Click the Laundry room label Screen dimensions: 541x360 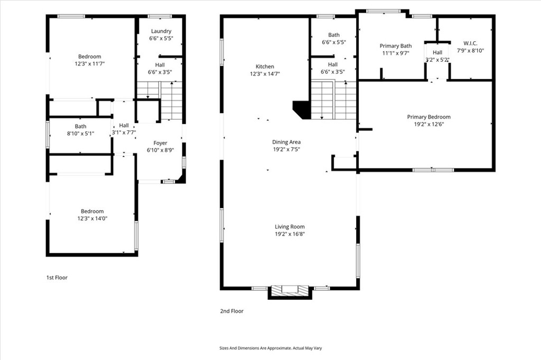[161, 31]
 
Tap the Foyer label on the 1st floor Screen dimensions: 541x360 [160, 143]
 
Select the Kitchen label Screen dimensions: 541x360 [265, 67]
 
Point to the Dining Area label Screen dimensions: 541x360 [286, 141]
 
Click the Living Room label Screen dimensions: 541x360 [290, 226]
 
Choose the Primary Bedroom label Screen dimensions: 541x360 [429, 117]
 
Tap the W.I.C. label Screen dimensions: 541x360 [470, 43]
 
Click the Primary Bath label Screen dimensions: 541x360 [396, 46]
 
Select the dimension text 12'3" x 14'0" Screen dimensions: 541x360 [92, 219]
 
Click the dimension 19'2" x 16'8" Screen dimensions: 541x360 [290, 234]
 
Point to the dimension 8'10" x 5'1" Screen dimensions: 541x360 [80, 134]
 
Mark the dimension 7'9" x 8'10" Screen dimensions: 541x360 [471, 50]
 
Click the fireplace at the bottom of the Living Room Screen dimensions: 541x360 [290, 292]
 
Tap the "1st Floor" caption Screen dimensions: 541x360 [57, 278]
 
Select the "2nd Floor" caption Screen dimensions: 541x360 [232, 311]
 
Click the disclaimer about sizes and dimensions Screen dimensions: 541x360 [270, 348]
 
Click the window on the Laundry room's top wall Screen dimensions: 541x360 [160, 16]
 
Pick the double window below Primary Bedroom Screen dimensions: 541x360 [433, 169]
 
